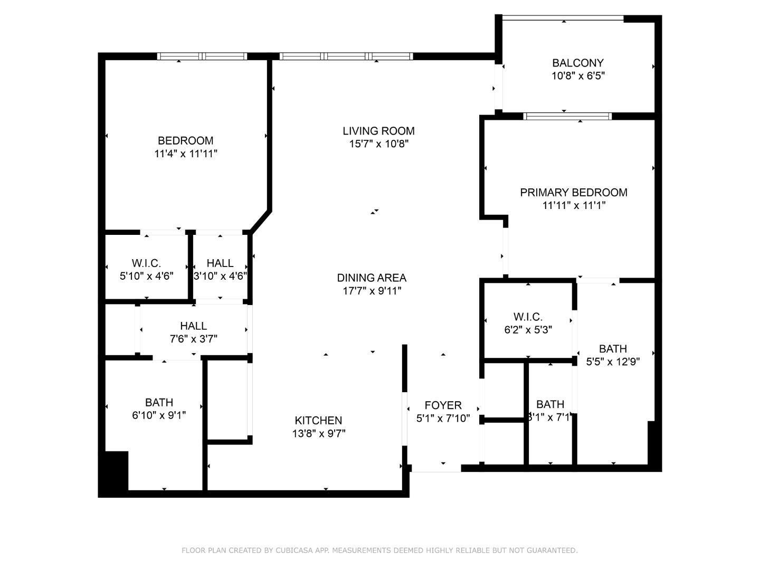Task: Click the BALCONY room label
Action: pos(578,63)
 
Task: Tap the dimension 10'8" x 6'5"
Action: pos(578,76)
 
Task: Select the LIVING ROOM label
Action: pos(378,131)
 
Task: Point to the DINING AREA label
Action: pos(372,278)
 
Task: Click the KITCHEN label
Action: pos(318,421)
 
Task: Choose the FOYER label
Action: pos(443,405)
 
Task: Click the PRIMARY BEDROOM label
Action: pos(574,193)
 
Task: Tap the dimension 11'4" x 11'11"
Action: pos(186,154)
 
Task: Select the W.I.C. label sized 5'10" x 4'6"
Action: pos(146,263)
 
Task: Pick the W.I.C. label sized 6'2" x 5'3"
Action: pos(528,317)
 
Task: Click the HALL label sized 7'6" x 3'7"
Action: pos(193,326)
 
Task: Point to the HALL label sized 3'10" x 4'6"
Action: pos(220,263)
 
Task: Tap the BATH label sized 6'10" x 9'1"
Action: pos(159,403)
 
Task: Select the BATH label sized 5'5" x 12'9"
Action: pos(613,349)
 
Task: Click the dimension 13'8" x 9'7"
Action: pos(318,434)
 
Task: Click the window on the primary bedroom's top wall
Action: pos(567,116)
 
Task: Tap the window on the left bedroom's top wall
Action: pos(202,56)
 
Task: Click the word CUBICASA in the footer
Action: pos(296,550)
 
